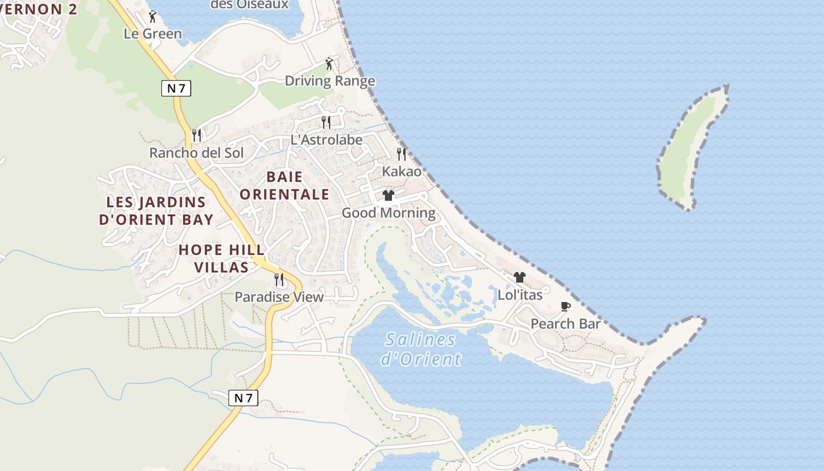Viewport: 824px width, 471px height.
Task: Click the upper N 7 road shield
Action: [176, 88]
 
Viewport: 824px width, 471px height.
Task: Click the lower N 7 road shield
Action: [243, 398]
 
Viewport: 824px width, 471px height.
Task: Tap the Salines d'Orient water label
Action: [421, 349]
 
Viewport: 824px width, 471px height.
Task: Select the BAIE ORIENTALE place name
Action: [284, 185]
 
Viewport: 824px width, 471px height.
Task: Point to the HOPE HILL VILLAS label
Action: [221, 258]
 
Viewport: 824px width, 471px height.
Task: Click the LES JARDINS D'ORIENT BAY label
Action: [156, 211]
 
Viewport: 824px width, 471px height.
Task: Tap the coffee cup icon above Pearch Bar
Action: [566, 306]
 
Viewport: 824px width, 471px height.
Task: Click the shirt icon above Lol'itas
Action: [519, 277]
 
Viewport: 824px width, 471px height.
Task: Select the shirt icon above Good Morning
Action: [388, 195]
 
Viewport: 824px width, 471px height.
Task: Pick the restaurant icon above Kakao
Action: [401, 154]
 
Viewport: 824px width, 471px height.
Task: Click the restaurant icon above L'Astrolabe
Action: [326, 122]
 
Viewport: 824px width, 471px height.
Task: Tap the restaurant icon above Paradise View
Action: [279, 279]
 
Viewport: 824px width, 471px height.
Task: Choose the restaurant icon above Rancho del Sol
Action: [197, 135]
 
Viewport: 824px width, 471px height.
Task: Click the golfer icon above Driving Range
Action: [329, 64]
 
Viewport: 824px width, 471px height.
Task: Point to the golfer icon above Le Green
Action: [152, 16]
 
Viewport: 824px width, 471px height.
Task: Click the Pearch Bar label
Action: [566, 324]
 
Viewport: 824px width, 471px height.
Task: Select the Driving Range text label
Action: [330, 81]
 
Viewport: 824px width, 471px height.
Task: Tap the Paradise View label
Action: [279, 297]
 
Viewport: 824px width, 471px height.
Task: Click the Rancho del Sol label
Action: [196, 153]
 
